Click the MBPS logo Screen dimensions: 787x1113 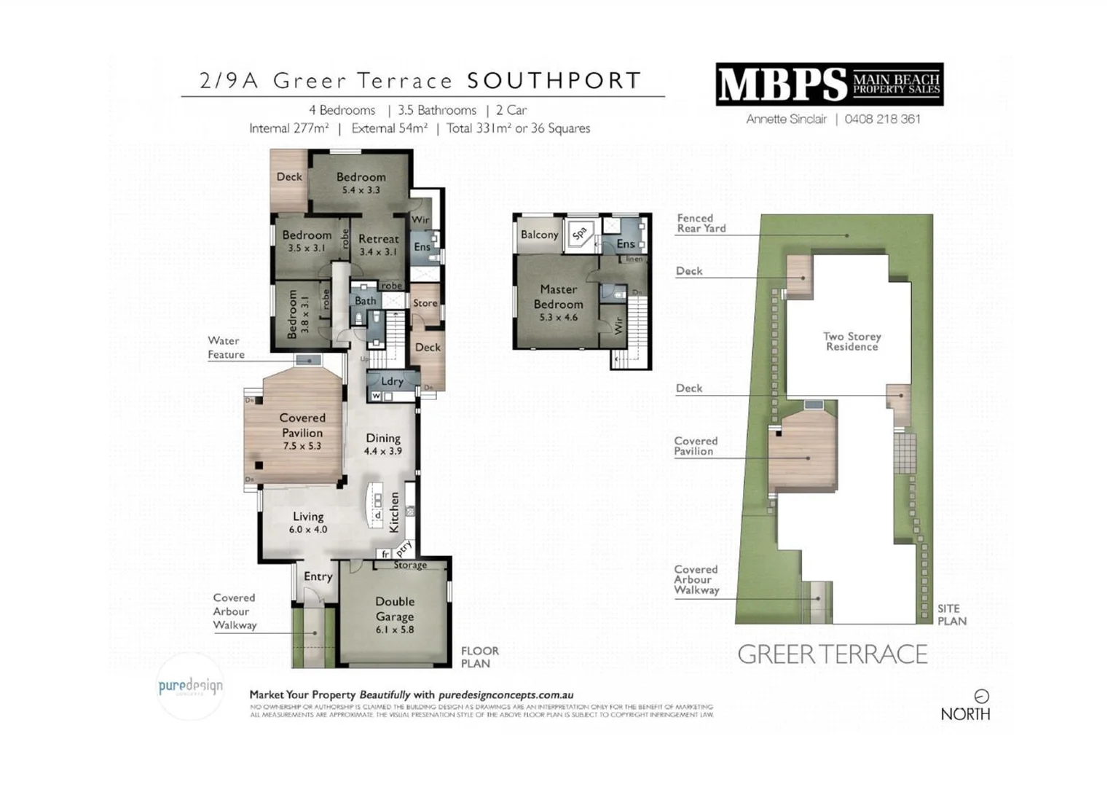pyautogui.click(x=829, y=85)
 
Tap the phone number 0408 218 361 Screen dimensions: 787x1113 pyautogui.click(x=882, y=119)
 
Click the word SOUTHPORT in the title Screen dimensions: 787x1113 pyautogui.click(x=554, y=80)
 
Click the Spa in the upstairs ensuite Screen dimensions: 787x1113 pyautogui.click(x=580, y=234)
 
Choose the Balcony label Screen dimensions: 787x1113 pyautogui.click(x=539, y=235)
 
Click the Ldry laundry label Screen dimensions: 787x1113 pyautogui.click(x=392, y=381)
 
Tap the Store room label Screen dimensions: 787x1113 pyautogui.click(x=425, y=303)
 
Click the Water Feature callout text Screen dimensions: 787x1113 pyautogui.click(x=226, y=348)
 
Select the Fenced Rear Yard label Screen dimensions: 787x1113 pyautogui.click(x=701, y=223)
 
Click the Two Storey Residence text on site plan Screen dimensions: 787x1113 pyautogui.click(x=852, y=341)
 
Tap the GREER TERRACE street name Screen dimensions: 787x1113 pyautogui.click(x=832, y=654)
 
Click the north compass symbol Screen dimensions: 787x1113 pyautogui.click(x=981, y=696)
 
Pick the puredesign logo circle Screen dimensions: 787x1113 pyautogui.click(x=191, y=686)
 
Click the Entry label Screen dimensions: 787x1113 pyautogui.click(x=318, y=576)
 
